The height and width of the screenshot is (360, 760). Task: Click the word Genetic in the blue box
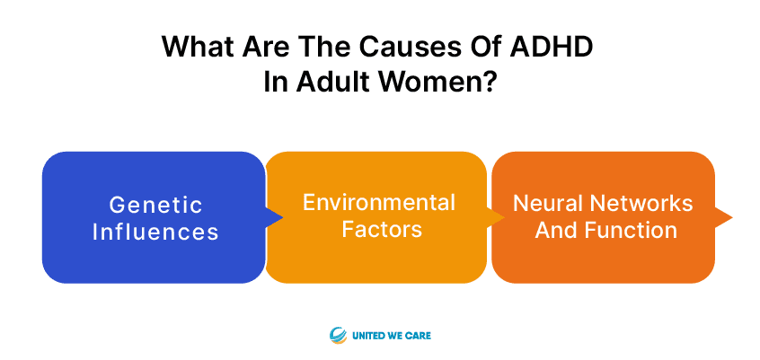pyautogui.click(x=155, y=205)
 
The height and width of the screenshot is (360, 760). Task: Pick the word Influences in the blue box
pyautogui.click(x=155, y=233)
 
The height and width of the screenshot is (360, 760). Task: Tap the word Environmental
pyautogui.click(x=379, y=202)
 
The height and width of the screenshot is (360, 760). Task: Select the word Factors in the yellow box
pyautogui.click(x=382, y=230)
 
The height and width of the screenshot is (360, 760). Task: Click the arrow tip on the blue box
pyautogui.click(x=282, y=217)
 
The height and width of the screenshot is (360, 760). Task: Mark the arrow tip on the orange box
pyautogui.click(x=731, y=217)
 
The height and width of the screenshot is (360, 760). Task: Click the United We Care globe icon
pyautogui.click(x=338, y=335)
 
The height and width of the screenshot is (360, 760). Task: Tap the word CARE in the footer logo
pyautogui.click(x=419, y=335)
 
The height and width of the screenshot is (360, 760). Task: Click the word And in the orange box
pyautogui.click(x=558, y=231)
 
